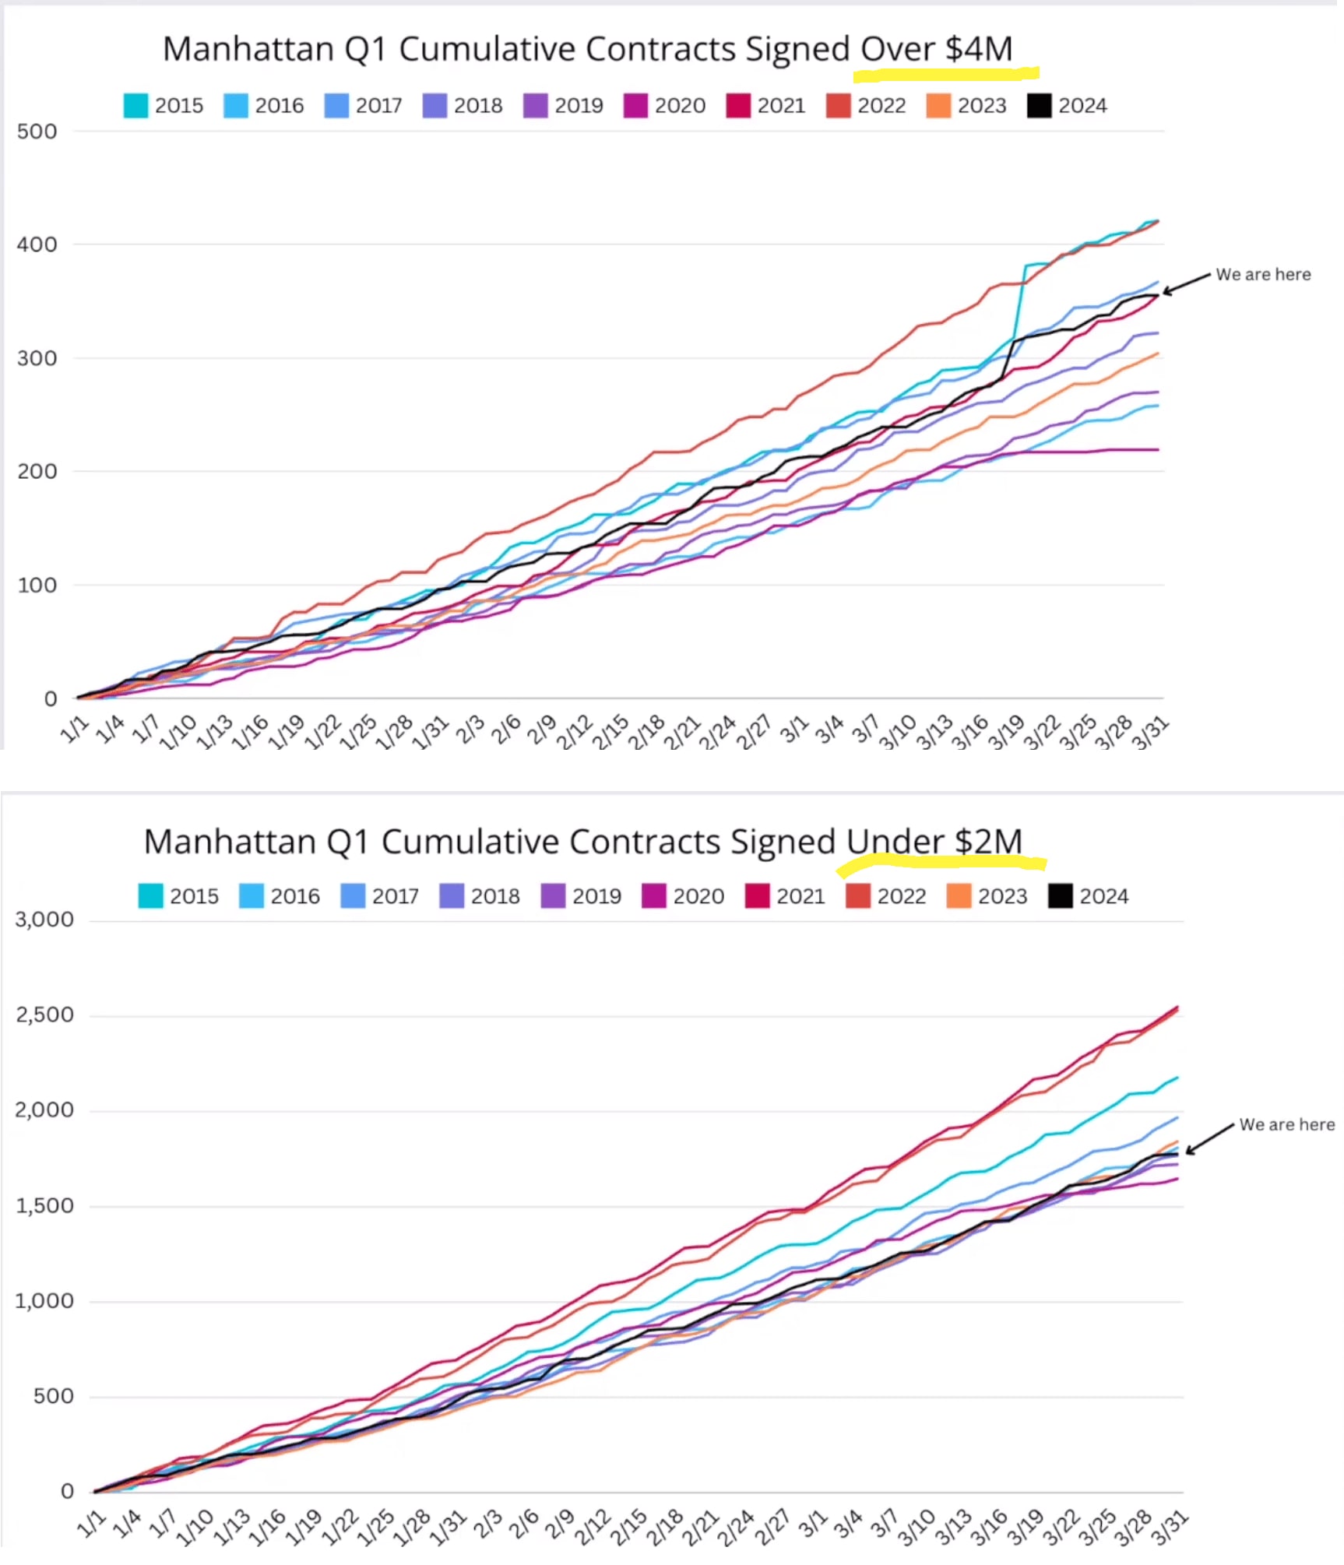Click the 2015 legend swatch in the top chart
(135, 106)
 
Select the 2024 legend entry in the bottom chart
(1088, 896)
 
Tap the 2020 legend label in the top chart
(679, 106)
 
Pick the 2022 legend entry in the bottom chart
(886, 896)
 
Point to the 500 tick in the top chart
(37, 132)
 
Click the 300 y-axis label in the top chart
(37, 358)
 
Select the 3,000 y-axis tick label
(44, 920)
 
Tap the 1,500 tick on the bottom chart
(44, 1206)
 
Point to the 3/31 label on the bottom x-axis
(1170, 1528)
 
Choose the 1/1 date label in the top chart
(74, 730)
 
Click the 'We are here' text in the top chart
(1263, 275)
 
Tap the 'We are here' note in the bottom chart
(1286, 1124)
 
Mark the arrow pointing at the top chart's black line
(1187, 283)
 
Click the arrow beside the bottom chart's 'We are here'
(1209, 1138)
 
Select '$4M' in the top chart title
(979, 49)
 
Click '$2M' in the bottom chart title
(988, 842)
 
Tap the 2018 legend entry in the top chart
(463, 106)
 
